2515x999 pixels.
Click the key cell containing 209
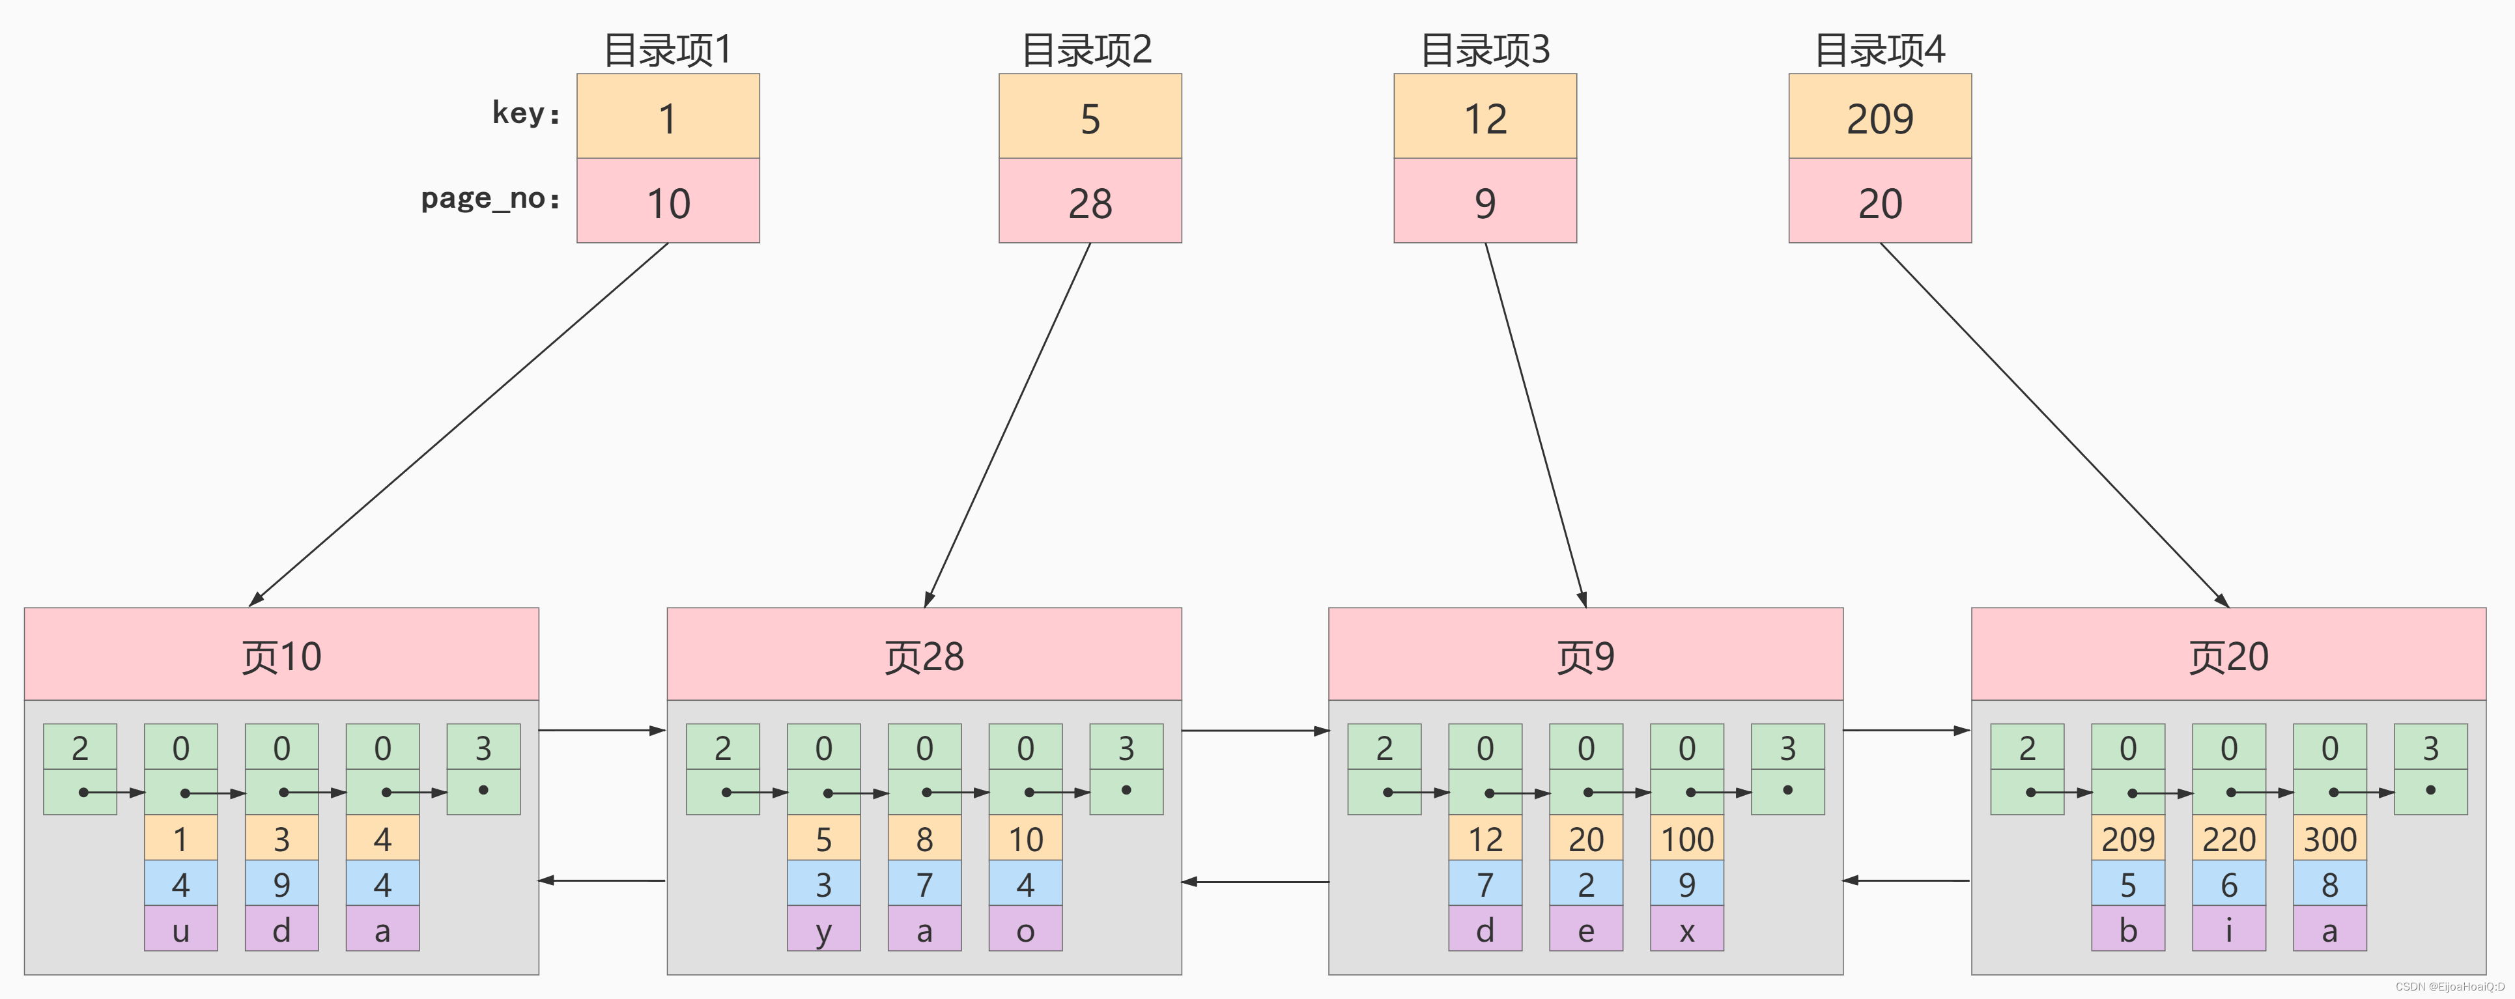tap(1879, 117)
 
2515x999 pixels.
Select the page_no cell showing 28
tap(1090, 202)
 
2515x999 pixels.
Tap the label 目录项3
tap(1484, 49)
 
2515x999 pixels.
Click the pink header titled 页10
tap(281, 655)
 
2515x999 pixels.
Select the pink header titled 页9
tap(1585, 655)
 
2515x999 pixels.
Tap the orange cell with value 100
tap(1686, 839)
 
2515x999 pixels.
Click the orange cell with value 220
tap(2228, 839)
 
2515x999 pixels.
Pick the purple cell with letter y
tap(823, 930)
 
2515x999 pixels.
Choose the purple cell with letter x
tap(1686, 930)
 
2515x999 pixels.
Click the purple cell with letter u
tap(180, 930)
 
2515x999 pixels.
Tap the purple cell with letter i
tap(2228, 930)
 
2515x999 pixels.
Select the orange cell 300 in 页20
tap(2329, 839)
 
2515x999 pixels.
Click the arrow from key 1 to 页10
tap(459, 424)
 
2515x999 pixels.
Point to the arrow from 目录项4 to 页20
tap(2054, 424)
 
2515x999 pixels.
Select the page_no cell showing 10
tap(668, 202)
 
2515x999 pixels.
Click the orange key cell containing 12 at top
tap(1484, 117)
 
